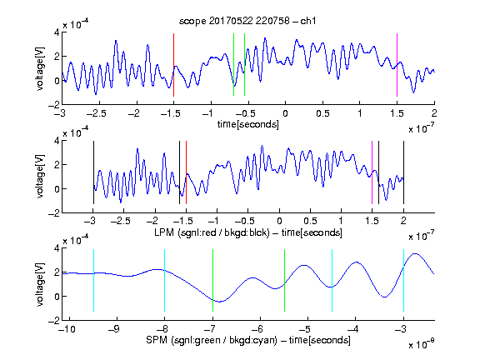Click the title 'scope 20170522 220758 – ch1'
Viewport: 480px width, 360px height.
click(247, 21)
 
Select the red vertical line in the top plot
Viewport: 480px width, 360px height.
click(173, 65)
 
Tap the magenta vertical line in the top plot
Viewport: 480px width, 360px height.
click(397, 65)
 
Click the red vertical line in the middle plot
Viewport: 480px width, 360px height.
click(186, 172)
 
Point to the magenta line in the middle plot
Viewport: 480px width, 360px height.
click(372, 172)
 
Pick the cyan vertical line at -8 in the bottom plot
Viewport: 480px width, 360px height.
click(164, 280)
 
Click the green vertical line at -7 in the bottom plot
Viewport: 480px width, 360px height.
click(212, 280)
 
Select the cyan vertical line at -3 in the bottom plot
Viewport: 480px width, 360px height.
click(403, 280)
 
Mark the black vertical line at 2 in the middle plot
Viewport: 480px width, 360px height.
click(403, 172)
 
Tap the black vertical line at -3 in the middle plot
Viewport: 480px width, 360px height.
click(93, 172)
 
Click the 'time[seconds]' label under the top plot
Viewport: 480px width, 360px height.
click(248, 124)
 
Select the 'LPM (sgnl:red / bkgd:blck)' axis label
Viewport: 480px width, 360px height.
click(212, 232)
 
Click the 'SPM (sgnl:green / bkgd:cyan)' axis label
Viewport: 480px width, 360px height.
click(212, 340)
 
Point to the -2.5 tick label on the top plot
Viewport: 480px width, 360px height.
click(96, 113)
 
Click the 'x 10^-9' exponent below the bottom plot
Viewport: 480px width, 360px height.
click(421, 344)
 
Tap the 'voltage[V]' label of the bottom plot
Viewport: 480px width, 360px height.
click(40, 284)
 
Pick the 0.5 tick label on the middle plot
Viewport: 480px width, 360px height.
click(310, 221)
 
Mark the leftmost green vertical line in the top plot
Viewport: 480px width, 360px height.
click(233, 65)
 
